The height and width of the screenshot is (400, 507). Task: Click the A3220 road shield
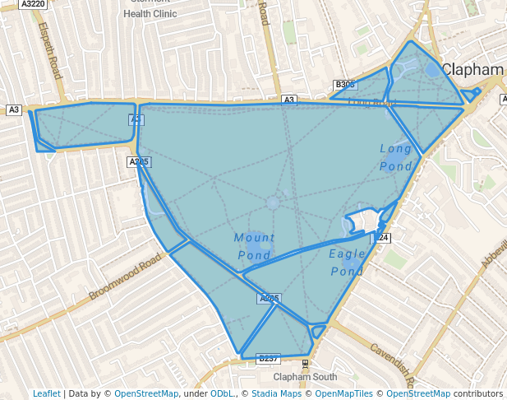pyautogui.click(x=33, y=4)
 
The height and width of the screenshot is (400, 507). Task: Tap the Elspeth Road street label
pyautogui.click(x=50, y=50)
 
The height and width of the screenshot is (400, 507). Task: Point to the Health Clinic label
pyautogui.click(x=150, y=14)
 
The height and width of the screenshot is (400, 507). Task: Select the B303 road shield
pyautogui.click(x=345, y=85)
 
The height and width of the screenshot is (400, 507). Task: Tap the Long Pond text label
pyautogui.click(x=396, y=157)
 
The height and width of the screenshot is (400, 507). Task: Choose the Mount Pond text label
pyautogui.click(x=254, y=246)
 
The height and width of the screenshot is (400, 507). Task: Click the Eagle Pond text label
pyautogui.click(x=347, y=263)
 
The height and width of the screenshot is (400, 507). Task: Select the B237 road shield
pyautogui.click(x=269, y=359)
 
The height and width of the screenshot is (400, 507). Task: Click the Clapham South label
pyautogui.click(x=306, y=377)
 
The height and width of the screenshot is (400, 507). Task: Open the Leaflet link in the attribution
pyautogui.click(x=47, y=393)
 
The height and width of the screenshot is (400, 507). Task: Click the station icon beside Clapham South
pyautogui.click(x=306, y=363)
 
